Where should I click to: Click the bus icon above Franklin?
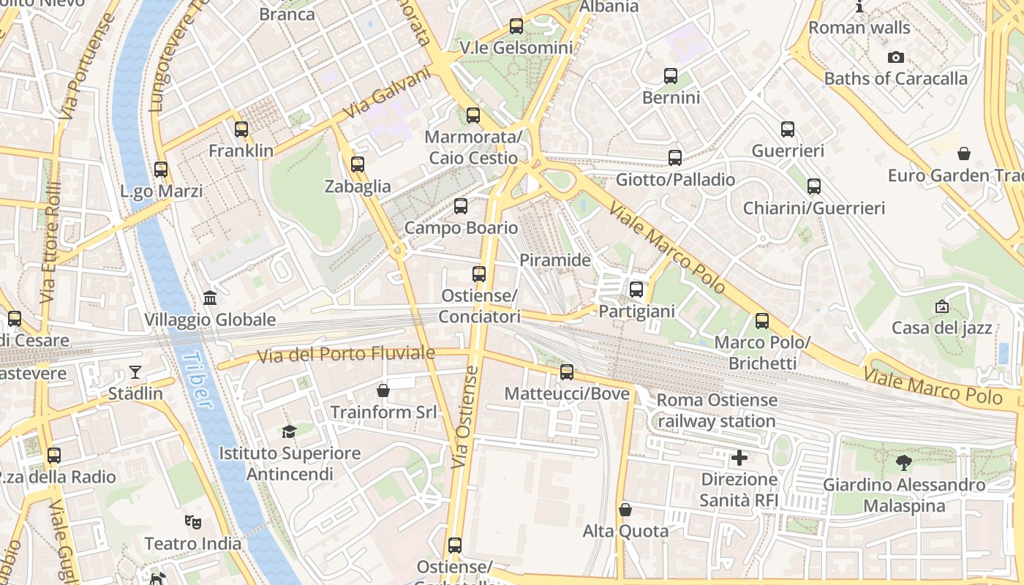(x=241, y=129)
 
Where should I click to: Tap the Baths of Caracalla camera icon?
(x=895, y=57)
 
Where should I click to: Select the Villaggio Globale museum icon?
(x=210, y=298)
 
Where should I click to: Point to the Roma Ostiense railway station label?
(x=717, y=410)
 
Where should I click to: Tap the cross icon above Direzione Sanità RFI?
(x=739, y=458)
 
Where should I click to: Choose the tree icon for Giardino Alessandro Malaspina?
(x=904, y=463)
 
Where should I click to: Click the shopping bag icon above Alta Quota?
(x=625, y=510)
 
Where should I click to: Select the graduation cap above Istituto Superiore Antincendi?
(x=290, y=432)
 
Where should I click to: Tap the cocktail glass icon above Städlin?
(x=135, y=372)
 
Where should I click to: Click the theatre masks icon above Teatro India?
(x=193, y=522)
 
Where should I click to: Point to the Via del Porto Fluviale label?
(x=345, y=355)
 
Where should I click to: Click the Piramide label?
(x=555, y=260)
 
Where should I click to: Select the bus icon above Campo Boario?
(x=461, y=206)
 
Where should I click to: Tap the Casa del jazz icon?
(x=942, y=307)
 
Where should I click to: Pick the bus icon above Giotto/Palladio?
(x=675, y=157)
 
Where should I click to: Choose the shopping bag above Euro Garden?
(x=964, y=154)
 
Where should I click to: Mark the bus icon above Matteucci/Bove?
(x=567, y=372)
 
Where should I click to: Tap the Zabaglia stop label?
(x=358, y=186)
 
